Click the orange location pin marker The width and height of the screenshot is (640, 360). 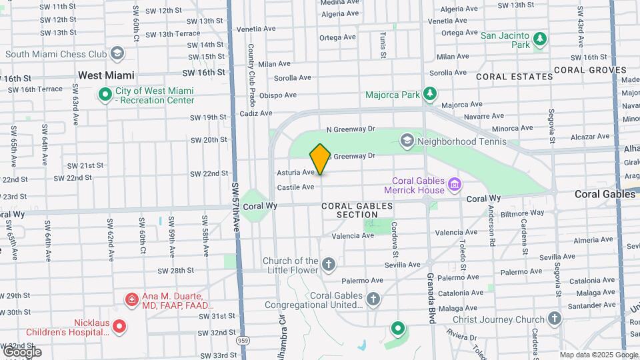coord(320,159)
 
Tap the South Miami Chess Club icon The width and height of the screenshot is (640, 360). coord(118,53)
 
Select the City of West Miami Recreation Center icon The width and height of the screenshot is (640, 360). coord(105,95)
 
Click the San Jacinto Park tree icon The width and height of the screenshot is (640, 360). coord(540,40)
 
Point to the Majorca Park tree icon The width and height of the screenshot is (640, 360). coord(431,95)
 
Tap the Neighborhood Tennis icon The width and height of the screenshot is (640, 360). coord(407,141)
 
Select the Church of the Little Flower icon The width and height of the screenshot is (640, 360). coord(328,265)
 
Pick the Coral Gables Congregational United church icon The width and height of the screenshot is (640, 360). coord(373,299)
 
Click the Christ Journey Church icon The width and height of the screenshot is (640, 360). coord(555,319)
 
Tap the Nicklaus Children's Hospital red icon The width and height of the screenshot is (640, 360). coord(119,326)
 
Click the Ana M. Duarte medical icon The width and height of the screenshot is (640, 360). coord(132,300)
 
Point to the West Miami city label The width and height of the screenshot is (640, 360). coord(106,76)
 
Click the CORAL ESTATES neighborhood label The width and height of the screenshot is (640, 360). coord(514,77)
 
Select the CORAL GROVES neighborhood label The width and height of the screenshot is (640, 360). coord(590,69)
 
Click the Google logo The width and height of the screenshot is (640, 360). coord(22,351)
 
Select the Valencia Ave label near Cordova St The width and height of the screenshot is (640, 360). coord(352,235)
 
